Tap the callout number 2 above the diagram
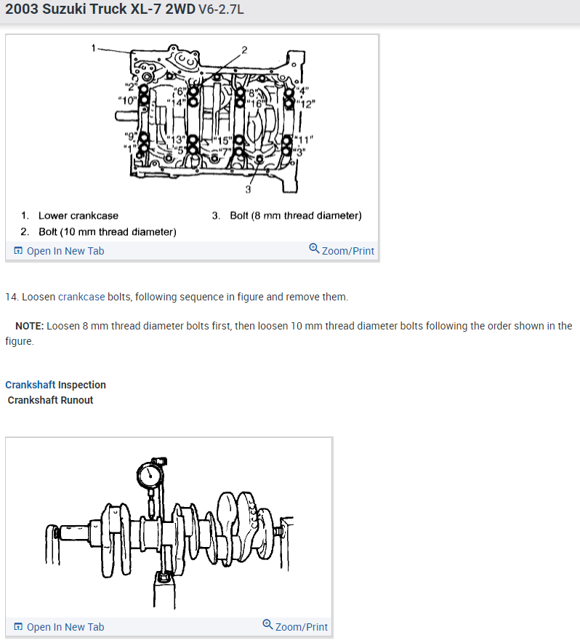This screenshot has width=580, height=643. (244, 49)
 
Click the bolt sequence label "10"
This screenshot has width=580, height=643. (126, 100)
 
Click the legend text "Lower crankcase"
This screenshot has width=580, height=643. (78, 215)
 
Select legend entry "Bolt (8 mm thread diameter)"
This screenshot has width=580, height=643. (295, 215)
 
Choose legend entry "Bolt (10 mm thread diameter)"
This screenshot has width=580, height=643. (108, 232)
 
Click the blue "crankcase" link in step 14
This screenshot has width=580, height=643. (81, 297)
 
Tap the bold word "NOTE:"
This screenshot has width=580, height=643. (29, 326)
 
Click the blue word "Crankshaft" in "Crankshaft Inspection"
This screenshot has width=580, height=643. (30, 385)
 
